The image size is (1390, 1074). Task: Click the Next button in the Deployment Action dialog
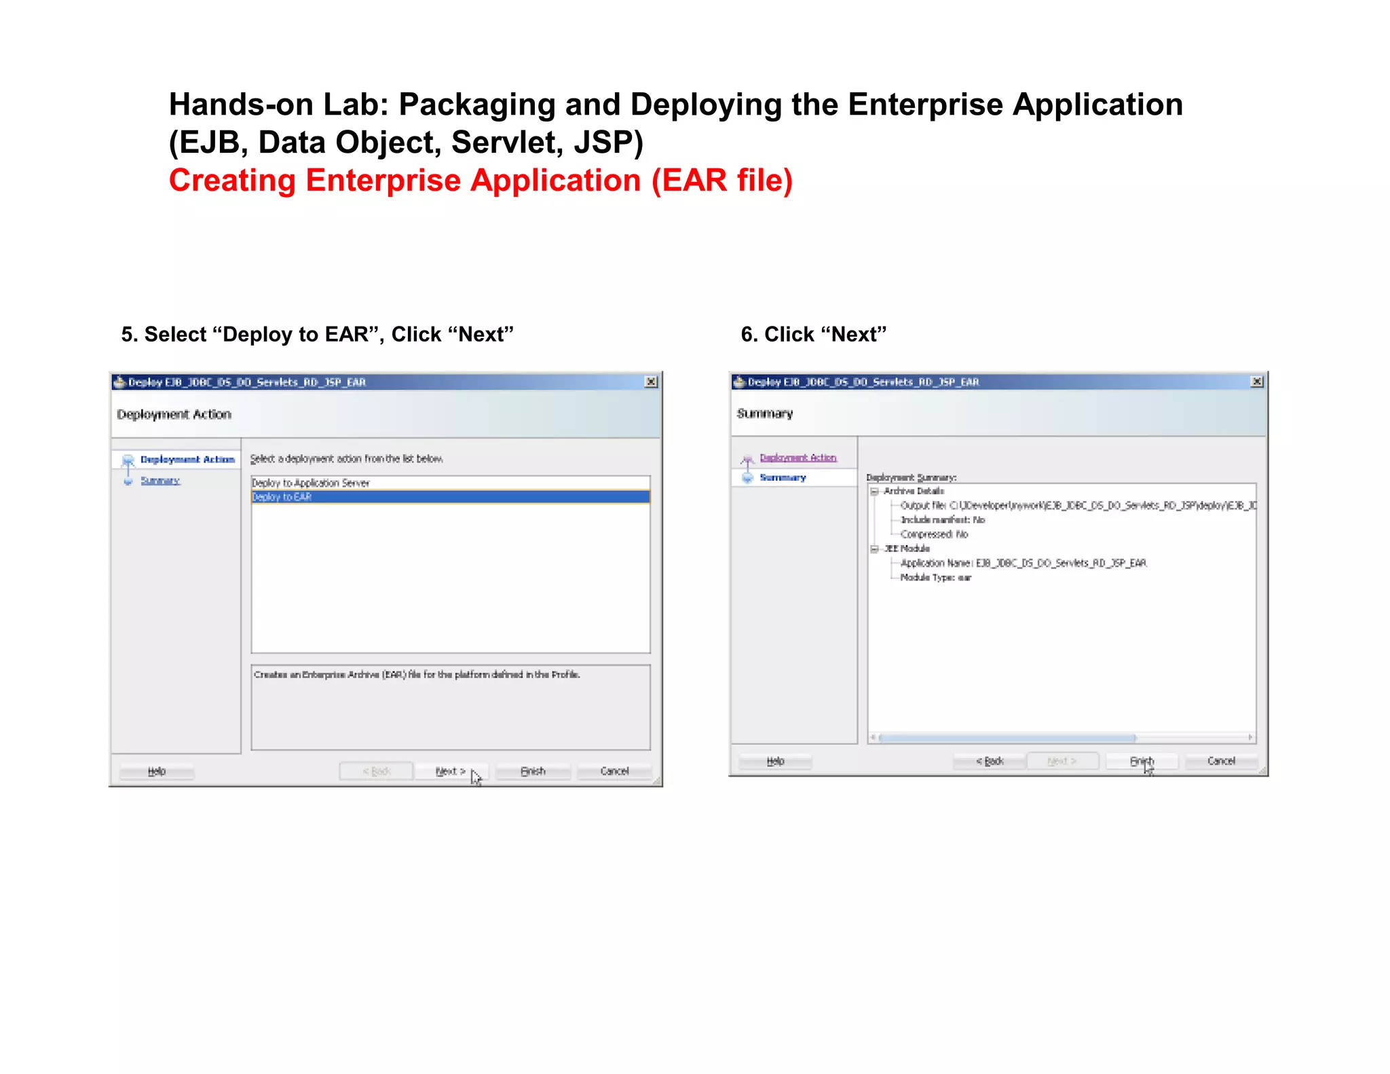click(450, 771)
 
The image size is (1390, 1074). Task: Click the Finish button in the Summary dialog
click(1141, 761)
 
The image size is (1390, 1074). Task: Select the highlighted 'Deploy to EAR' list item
click(450, 497)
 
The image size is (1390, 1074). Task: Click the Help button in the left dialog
click(157, 771)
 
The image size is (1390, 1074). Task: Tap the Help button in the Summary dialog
click(775, 761)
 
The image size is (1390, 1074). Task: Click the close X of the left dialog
click(651, 382)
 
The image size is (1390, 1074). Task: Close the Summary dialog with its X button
click(1257, 382)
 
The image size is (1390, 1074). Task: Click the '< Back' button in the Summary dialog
click(990, 761)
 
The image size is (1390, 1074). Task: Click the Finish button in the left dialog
click(533, 771)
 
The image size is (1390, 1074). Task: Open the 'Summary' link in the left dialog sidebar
click(160, 481)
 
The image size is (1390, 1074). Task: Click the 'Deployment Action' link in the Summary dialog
click(798, 458)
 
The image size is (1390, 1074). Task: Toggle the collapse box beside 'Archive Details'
click(875, 491)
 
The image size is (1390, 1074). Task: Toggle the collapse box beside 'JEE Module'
click(875, 549)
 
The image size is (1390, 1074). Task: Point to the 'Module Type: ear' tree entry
click(935, 578)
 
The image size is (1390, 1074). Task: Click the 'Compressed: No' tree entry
click(934, 534)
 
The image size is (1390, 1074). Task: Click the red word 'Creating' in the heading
click(231, 181)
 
